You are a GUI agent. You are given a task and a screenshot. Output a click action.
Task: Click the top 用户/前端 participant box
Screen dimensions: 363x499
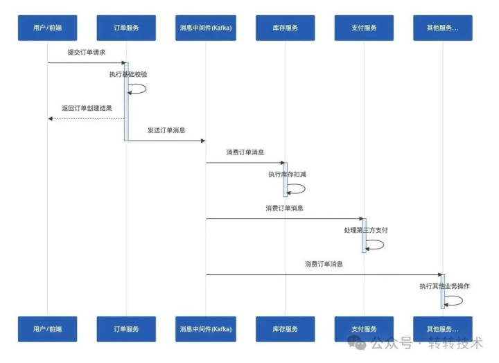coord(47,28)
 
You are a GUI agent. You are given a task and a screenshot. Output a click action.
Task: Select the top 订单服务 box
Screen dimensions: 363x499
coord(126,28)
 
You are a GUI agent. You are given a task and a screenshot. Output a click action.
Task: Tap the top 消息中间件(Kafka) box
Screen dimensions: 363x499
coord(205,28)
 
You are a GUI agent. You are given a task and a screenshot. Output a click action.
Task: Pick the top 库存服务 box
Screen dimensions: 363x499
coord(285,28)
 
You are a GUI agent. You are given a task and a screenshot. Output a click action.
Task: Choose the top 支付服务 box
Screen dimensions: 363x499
coord(364,28)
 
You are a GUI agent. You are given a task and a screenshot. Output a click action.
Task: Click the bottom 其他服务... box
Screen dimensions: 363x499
coord(443,328)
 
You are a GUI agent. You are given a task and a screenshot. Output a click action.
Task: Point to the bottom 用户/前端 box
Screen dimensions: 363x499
coord(47,328)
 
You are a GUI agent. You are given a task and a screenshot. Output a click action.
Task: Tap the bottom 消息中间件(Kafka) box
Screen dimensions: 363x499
coord(205,328)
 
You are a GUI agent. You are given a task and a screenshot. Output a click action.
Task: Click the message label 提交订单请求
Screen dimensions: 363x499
coord(87,52)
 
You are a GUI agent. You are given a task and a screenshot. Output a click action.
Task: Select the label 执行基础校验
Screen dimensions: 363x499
coord(128,73)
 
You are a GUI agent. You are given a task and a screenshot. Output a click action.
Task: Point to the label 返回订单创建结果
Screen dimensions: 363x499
coord(87,108)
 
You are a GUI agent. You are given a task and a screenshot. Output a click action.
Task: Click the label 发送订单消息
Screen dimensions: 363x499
coord(166,130)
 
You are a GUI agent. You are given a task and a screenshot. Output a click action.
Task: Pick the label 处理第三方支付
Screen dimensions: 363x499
coord(366,230)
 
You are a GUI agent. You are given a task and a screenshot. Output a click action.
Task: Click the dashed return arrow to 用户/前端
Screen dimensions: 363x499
coord(86,118)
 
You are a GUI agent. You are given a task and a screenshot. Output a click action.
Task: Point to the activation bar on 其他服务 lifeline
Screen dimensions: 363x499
coord(443,291)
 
